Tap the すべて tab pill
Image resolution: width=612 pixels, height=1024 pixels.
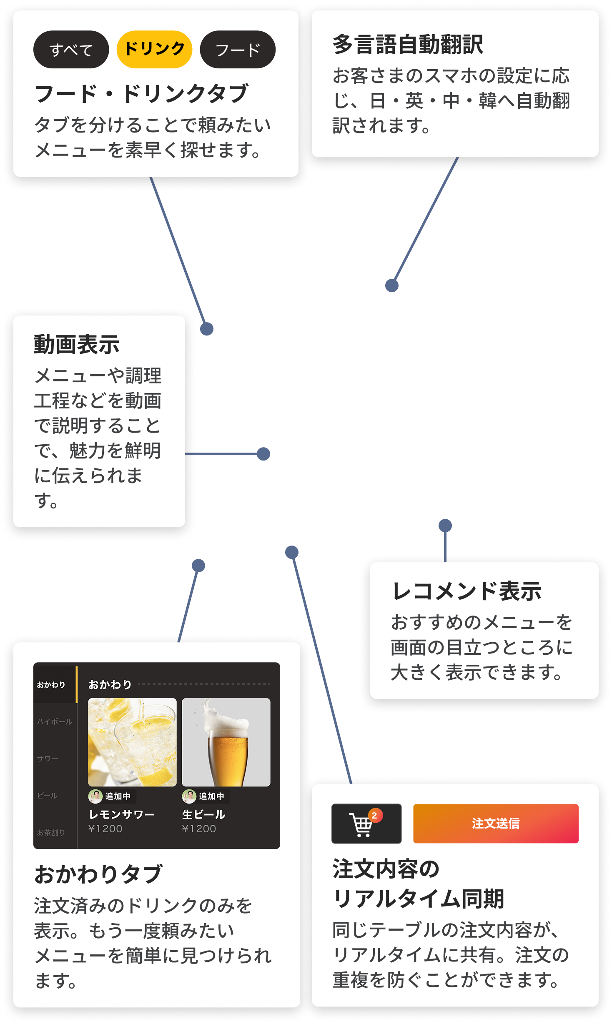pyautogui.click(x=71, y=50)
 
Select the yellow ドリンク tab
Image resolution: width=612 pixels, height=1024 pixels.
pyautogui.click(x=154, y=49)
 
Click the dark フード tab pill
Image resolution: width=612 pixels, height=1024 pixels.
pyautogui.click(x=238, y=50)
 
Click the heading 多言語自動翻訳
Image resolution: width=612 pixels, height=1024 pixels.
pyautogui.click(x=408, y=45)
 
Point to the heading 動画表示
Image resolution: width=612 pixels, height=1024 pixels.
pyautogui.click(x=77, y=345)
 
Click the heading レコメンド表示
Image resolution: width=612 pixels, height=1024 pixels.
pyautogui.click(x=467, y=591)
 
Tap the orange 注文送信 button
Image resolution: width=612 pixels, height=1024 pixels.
pyautogui.click(x=496, y=824)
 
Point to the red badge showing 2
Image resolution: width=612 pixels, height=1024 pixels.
pyautogui.click(x=374, y=816)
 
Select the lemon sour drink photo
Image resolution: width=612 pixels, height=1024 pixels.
pyautogui.click(x=132, y=742)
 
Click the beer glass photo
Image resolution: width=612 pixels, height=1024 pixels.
pyautogui.click(x=226, y=742)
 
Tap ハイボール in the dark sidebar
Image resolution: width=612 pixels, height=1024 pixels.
pyautogui.click(x=55, y=722)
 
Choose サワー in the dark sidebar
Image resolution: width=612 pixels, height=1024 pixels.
pyautogui.click(x=48, y=759)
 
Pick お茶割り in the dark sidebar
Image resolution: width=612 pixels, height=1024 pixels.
pyautogui.click(x=51, y=832)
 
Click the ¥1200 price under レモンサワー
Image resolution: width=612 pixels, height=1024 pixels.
pyautogui.click(x=105, y=829)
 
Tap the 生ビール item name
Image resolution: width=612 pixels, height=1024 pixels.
pyautogui.click(x=203, y=814)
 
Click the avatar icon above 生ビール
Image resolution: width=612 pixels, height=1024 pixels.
pyautogui.click(x=189, y=796)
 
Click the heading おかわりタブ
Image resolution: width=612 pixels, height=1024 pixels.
pyautogui.click(x=98, y=874)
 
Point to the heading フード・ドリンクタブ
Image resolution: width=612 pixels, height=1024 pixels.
pyautogui.click(x=142, y=93)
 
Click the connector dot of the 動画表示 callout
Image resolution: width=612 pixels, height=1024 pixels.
pyautogui.click(x=263, y=454)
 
